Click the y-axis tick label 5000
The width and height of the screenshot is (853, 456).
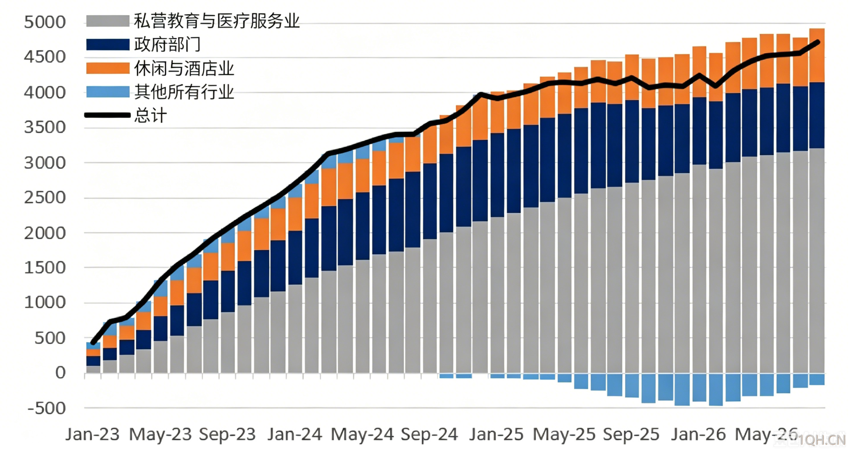click(45, 22)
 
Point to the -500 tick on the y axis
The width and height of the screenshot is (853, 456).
click(46, 408)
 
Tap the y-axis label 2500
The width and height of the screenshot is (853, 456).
click(45, 198)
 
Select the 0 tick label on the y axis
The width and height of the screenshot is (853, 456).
click(60, 373)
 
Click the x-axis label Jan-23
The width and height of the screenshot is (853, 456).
click(93, 434)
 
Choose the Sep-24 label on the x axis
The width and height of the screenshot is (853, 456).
click(429, 434)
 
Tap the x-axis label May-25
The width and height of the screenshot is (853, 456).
click(564, 434)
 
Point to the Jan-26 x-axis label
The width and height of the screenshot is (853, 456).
click(698, 434)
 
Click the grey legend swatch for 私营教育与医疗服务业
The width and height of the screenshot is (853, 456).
click(108, 21)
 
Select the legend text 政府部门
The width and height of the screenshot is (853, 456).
click(167, 45)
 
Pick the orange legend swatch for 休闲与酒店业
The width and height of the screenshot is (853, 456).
click(108, 68)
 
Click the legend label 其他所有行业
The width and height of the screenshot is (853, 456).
click(184, 92)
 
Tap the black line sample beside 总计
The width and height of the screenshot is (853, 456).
click(108, 115)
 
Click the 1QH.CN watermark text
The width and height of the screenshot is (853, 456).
click(822, 440)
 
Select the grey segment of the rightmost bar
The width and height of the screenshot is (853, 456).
click(817, 261)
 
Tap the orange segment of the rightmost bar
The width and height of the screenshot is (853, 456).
click(817, 55)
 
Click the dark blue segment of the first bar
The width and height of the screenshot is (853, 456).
click(93, 361)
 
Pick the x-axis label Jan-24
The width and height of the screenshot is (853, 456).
click(294, 434)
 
